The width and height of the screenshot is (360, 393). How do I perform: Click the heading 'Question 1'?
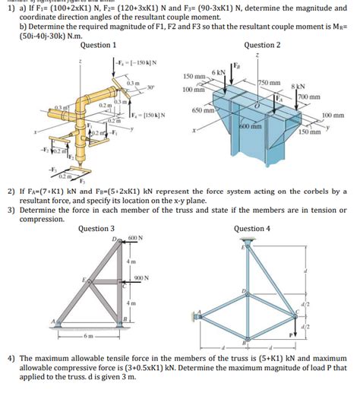point(98,45)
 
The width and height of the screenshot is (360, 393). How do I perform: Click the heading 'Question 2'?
point(263,45)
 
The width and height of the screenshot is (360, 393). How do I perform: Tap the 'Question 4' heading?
point(252,228)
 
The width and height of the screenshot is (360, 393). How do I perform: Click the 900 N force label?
point(141,277)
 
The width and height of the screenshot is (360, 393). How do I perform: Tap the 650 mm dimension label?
point(203,110)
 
